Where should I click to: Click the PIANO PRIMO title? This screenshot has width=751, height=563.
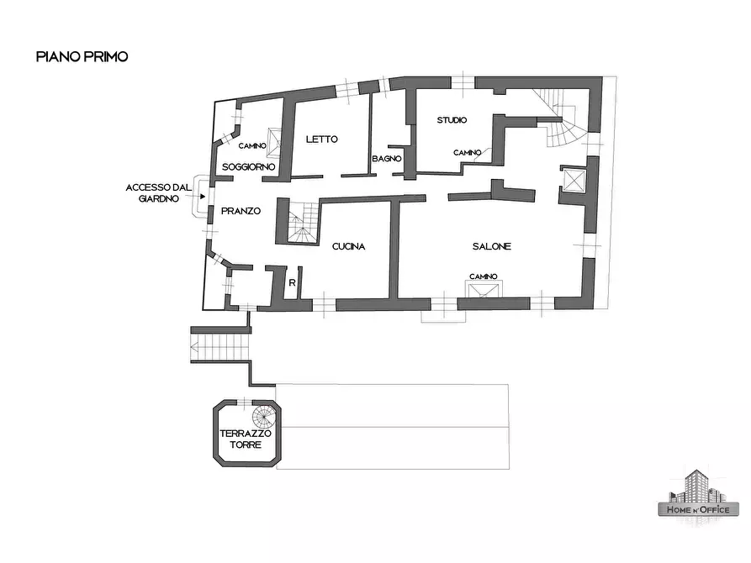[82, 57]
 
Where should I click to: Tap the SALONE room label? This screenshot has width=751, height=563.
[491, 246]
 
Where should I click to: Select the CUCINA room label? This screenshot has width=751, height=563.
[347, 246]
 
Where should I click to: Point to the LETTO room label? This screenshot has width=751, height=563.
[321, 139]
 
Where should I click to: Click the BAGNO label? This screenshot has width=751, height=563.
[387, 159]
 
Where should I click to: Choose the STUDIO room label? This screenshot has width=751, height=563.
[452, 120]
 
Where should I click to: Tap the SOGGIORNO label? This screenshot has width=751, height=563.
[249, 168]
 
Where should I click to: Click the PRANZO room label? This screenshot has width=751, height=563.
[241, 211]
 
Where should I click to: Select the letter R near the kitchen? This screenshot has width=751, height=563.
[292, 282]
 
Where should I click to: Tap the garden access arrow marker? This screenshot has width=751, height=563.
[202, 196]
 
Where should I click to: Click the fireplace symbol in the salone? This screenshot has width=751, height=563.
[484, 291]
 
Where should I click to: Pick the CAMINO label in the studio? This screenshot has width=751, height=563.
[467, 153]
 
